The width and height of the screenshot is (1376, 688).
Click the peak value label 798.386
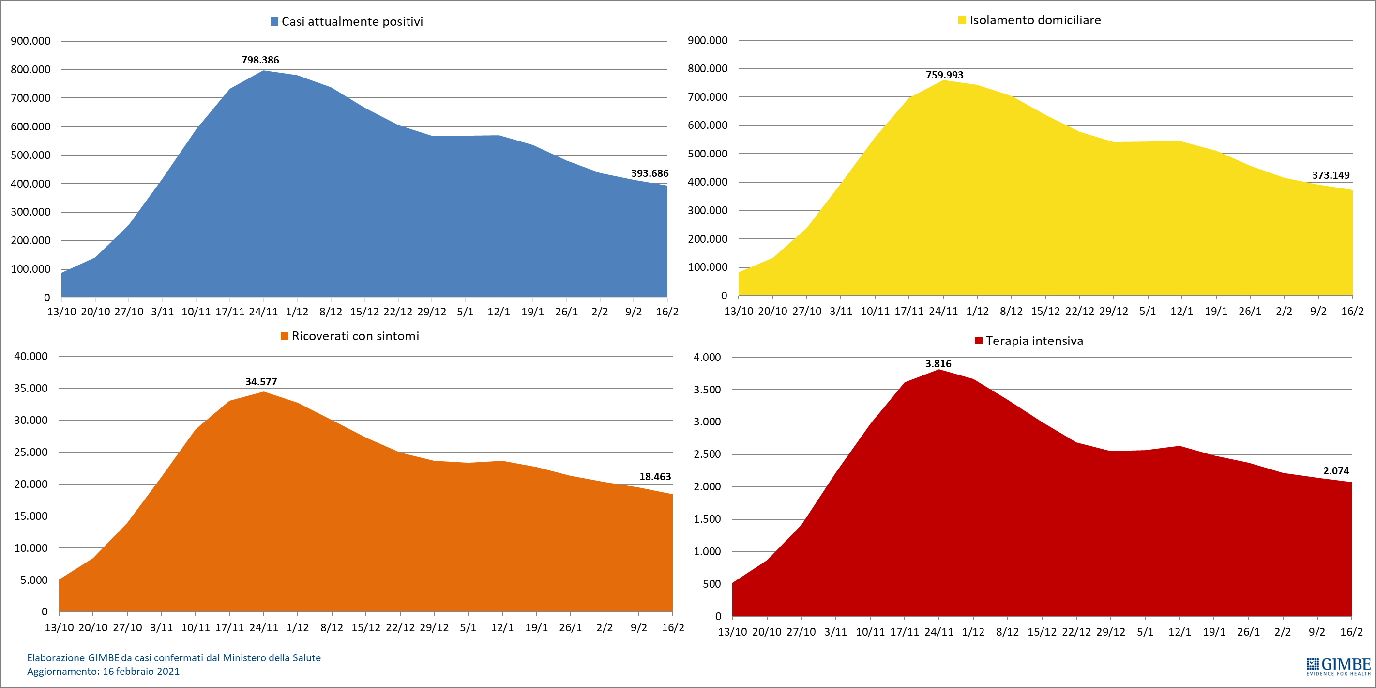point(260,60)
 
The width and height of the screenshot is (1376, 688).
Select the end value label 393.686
point(650,173)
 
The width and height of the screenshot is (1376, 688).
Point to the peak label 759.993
point(944,75)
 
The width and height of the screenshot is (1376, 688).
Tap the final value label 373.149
point(1331,175)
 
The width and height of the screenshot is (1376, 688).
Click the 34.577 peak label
point(261,382)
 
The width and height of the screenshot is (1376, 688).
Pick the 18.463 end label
point(655,477)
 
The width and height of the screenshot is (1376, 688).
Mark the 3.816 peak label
point(938,364)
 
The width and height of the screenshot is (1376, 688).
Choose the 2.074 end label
point(1336,471)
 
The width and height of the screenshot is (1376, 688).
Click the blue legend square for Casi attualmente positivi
point(274,22)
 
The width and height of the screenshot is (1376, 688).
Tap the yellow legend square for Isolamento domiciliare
point(962,20)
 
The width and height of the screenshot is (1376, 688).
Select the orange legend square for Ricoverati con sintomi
point(285,336)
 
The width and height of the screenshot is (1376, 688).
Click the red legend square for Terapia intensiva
point(979,341)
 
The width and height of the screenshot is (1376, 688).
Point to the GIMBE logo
point(1339,666)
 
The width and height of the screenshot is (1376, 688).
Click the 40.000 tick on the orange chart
point(30,357)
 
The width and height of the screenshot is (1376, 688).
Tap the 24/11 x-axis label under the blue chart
point(263,312)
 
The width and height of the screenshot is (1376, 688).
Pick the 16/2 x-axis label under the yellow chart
point(1352,311)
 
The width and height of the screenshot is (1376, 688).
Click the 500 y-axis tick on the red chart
point(711,584)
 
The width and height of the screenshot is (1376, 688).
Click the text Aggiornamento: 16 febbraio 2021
point(104,672)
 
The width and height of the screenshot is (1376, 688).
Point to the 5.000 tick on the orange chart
point(34,580)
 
